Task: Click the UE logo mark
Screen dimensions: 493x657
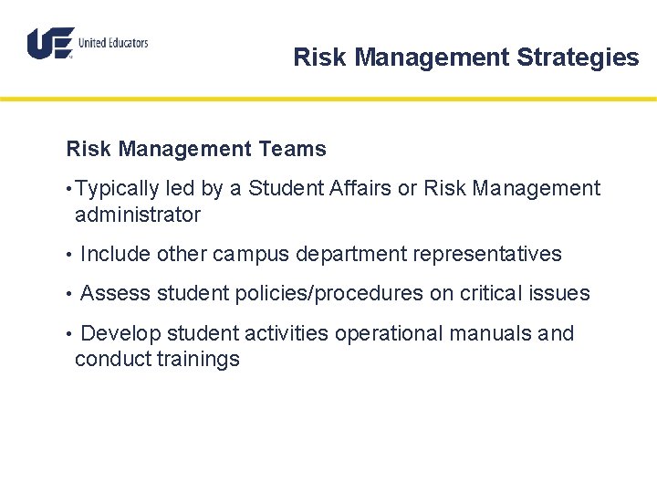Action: click(50, 43)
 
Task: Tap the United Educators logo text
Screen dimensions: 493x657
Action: click(113, 43)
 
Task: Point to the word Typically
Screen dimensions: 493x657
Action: click(117, 189)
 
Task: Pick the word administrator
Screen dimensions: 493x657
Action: click(138, 215)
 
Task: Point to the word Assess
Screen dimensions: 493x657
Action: click(116, 294)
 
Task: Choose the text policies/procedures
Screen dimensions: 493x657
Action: click(329, 294)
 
